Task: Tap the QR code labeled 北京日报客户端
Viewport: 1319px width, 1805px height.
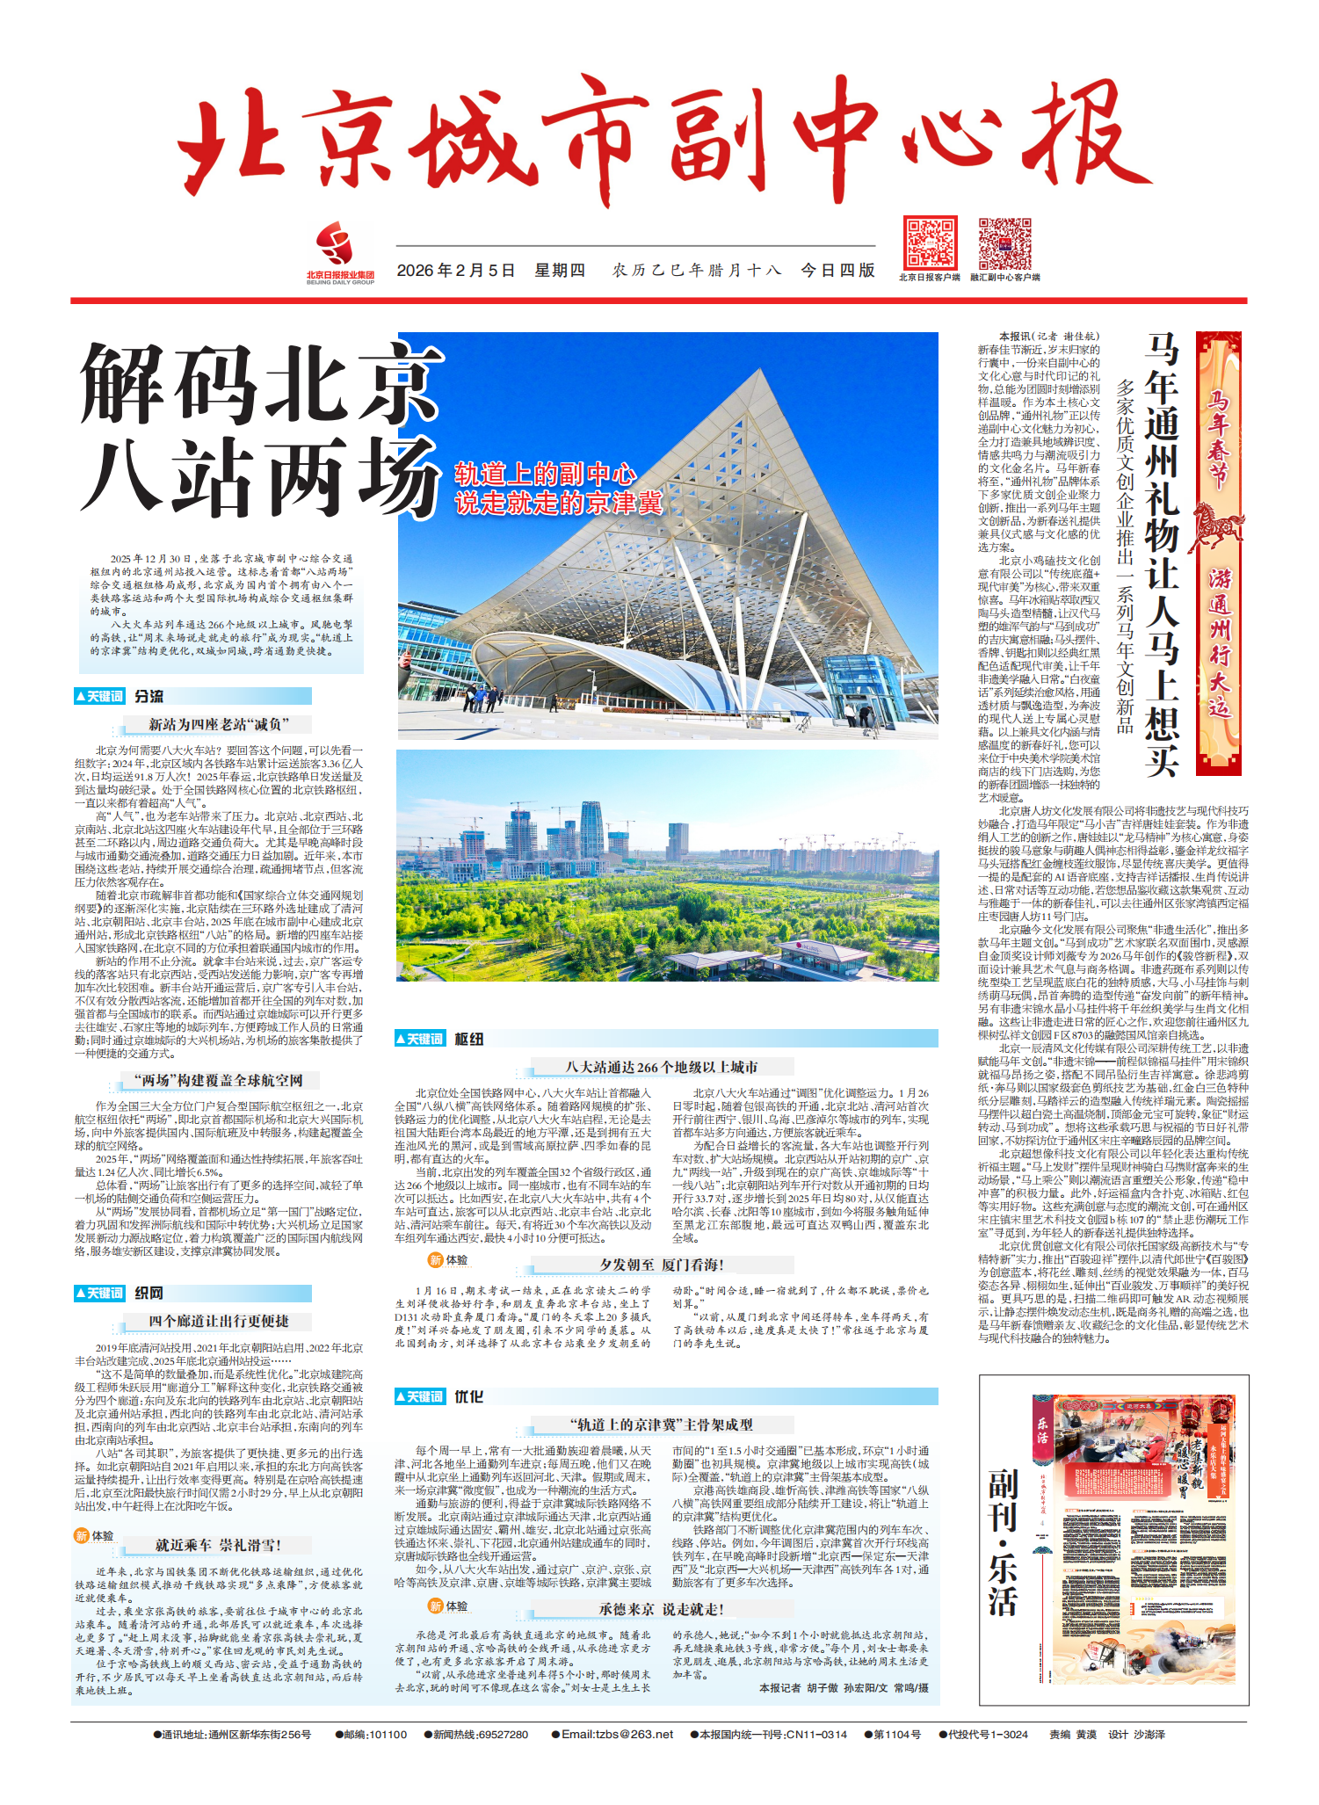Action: pyautogui.click(x=930, y=243)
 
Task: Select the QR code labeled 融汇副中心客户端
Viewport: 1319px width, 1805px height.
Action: pyautogui.click(x=1004, y=243)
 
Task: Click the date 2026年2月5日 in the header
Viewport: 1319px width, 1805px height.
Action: pyautogui.click(x=455, y=271)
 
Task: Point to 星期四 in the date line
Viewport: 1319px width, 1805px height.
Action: pyautogui.click(x=560, y=271)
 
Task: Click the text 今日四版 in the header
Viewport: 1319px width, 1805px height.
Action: pyautogui.click(x=837, y=271)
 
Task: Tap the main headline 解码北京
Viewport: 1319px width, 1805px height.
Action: pyautogui.click(x=261, y=383)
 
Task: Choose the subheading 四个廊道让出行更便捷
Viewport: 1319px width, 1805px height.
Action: pyautogui.click(x=218, y=1322)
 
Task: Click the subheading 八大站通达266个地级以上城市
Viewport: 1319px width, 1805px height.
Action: pyautogui.click(x=661, y=1067)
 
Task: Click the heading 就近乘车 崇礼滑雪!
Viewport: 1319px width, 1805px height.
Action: pyautogui.click(x=218, y=1545)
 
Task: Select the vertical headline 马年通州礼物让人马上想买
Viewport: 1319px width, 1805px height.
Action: pyautogui.click(x=1161, y=554)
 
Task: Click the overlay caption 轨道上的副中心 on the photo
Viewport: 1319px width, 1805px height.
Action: pyautogui.click(x=545, y=475)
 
